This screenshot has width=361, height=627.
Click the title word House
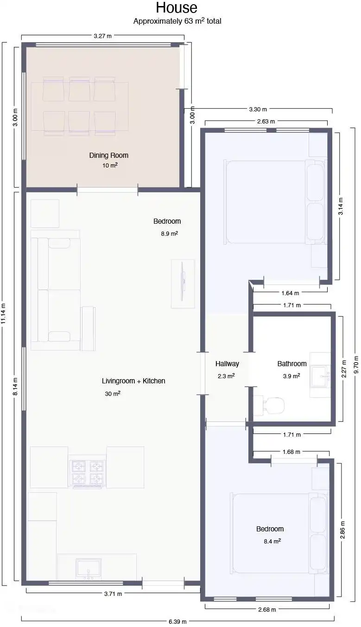point(177,7)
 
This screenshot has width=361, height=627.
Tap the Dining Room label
point(109,155)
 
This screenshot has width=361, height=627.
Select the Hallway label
point(227,363)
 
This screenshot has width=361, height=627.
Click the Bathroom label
point(292,363)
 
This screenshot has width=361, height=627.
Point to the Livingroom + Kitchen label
point(133,381)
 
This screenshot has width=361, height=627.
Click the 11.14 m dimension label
point(3,314)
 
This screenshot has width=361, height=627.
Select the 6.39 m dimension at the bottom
point(177,622)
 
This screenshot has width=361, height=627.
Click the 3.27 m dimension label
point(102,36)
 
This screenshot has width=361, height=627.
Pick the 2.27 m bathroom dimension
point(344,368)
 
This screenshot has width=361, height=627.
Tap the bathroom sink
point(320,375)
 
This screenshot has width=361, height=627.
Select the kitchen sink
point(88,569)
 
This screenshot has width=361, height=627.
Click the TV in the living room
point(183,284)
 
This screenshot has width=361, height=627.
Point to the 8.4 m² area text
point(272,541)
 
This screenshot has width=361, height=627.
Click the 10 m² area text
point(110,165)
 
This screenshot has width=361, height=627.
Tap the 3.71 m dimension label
point(113,594)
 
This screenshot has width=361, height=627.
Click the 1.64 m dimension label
point(290,293)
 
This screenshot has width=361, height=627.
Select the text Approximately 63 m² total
point(177,21)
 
